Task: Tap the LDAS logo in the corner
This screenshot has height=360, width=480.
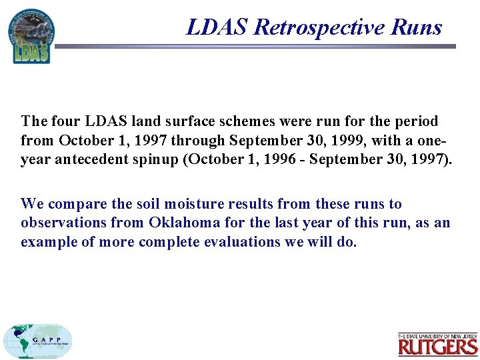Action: pyautogui.click(x=31, y=37)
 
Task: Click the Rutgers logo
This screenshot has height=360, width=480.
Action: pyautogui.click(x=437, y=344)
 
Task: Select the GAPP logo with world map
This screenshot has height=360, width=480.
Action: pyautogui.click(x=37, y=341)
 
